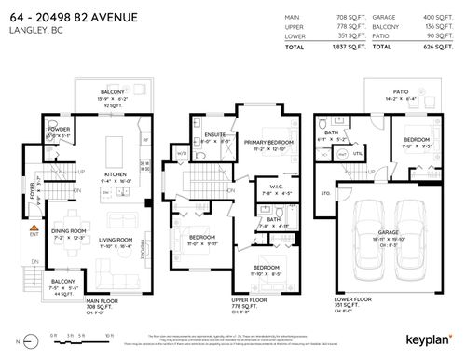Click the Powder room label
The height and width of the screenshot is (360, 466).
pos(34,130)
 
